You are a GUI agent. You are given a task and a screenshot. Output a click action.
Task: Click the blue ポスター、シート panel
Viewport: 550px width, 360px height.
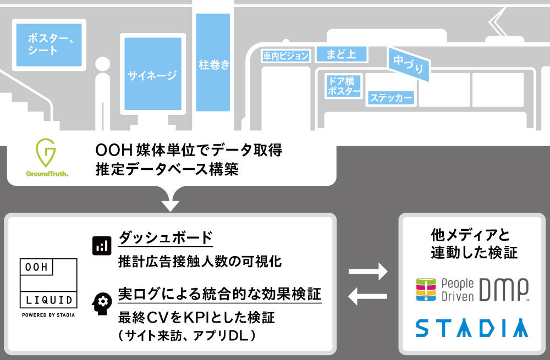(x=49, y=45)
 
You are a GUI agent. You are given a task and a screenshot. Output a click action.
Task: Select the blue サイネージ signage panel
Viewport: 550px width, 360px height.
(x=153, y=74)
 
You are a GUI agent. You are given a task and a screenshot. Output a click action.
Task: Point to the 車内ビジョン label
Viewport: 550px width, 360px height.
(x=285, y=56)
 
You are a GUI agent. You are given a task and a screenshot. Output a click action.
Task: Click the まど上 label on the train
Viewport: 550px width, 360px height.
(x=342, y=54)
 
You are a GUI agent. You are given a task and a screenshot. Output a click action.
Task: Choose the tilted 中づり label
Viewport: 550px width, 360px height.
(x=409, y=64)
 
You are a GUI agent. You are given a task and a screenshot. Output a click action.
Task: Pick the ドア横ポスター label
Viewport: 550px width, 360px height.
(x=343, y=86)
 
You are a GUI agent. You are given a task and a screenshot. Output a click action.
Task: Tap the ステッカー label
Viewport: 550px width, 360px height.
(x=391, y=97)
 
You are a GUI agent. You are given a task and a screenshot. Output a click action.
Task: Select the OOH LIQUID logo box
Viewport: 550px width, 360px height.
(x=48, y=283)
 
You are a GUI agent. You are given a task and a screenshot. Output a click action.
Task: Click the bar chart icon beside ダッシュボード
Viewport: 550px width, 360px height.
(x=102, y=245)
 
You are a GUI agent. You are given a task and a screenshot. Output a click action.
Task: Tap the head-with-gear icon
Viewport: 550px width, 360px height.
(x=102, y=303)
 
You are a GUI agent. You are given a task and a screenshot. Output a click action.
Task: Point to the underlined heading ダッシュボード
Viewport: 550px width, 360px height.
(x=166, y=237)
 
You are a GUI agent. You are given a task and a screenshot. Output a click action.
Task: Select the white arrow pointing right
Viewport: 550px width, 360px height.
(x=368, y=272)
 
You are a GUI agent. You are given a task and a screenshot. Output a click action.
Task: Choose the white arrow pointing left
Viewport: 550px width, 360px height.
(x=367, y=296)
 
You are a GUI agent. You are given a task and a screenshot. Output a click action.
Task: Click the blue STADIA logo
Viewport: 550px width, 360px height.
(x=472, y=328)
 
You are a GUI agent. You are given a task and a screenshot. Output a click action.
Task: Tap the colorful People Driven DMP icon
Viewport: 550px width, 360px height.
(x=426, y=290)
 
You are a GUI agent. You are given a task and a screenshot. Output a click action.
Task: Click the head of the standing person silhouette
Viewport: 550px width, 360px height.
(x=102, y=64)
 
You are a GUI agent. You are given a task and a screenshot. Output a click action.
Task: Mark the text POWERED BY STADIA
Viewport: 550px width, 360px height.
(x=48, y=315)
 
